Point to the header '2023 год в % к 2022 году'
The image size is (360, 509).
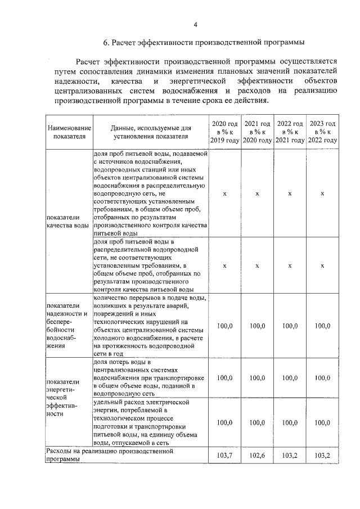coord(322,132)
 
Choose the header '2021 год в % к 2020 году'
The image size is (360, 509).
coord(257,132)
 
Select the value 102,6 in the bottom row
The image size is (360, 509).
coord(257,454)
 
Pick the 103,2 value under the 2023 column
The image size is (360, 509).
coord(322,454)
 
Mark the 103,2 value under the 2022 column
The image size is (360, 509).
coord(290,454)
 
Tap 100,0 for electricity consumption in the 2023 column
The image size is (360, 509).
coord(322,422)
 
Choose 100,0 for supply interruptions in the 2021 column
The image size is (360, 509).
coord(257,325)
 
